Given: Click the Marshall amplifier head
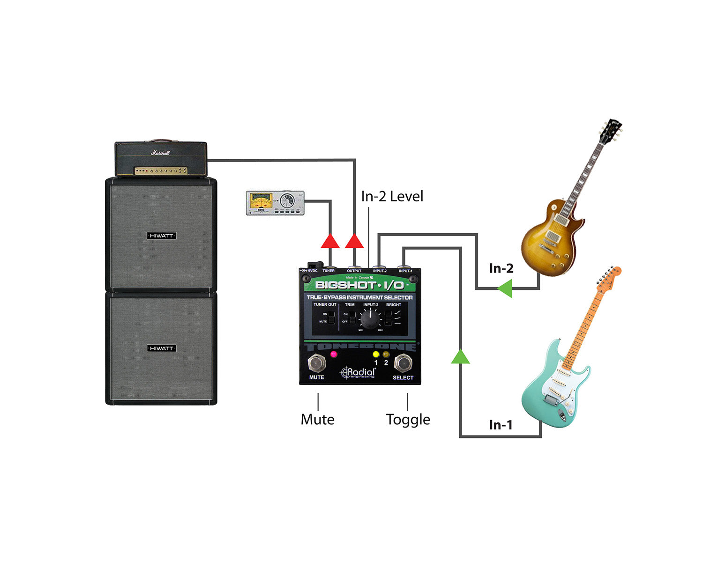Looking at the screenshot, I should (x=161, y=160).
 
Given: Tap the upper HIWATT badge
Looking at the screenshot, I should (x=161, y=236).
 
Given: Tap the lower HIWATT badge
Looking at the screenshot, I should (x=161, y=348).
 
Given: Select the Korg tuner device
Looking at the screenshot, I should (x=275, y=203).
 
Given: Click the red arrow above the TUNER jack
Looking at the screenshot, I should (x=330, y=241).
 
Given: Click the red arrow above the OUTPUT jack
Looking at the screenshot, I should (x=354, y=241).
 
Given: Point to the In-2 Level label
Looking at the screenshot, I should (x=392, y=196).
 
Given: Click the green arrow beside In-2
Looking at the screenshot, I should (x=505, y=288).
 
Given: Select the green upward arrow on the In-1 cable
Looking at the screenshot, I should (x=460, y=357).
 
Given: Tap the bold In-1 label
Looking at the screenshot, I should (x=501, y=425).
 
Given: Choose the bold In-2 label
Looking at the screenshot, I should (x=501, y=268).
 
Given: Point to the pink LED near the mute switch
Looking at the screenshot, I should (x=334, y=354).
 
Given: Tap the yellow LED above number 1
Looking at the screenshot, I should (x=376, y=354).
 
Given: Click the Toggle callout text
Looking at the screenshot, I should (x=408, y=419).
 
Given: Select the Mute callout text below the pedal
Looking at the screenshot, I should (x=317, y=419).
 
